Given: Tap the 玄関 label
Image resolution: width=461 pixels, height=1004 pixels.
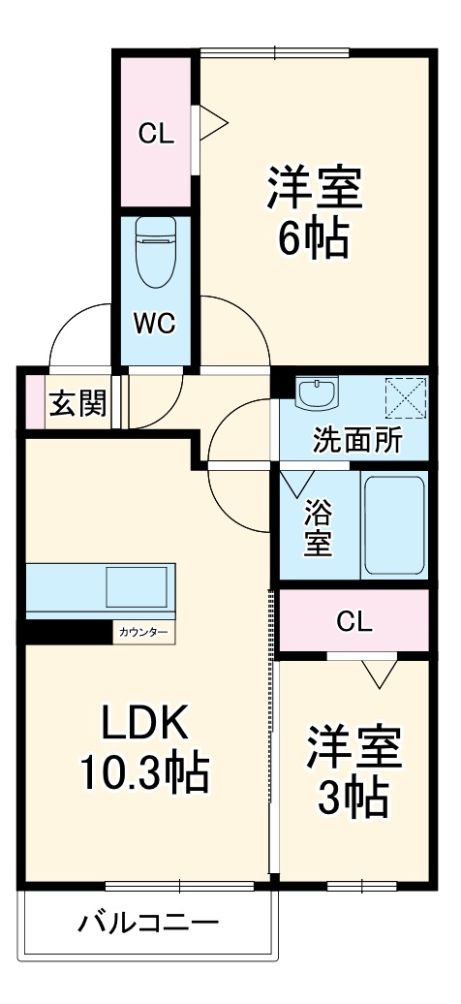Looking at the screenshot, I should coord(77,403).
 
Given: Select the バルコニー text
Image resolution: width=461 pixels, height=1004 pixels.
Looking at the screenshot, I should coord(148,921).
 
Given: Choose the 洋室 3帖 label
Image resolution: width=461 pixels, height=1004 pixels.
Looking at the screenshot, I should coord(353,770).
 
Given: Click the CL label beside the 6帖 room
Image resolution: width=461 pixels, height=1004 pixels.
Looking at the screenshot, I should coord(155,135).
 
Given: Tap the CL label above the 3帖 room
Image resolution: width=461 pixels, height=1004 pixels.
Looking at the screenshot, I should coord(355,621).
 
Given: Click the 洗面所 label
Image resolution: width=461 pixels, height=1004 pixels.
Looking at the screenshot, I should coord(356,441).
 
